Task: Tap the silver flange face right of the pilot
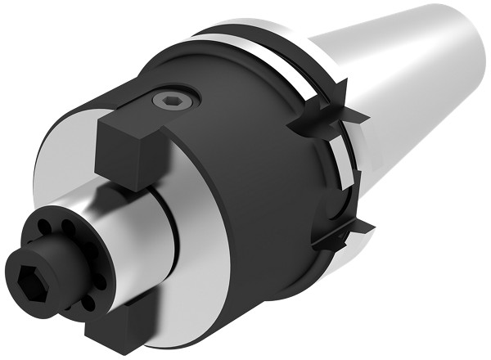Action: click(196, 270)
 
